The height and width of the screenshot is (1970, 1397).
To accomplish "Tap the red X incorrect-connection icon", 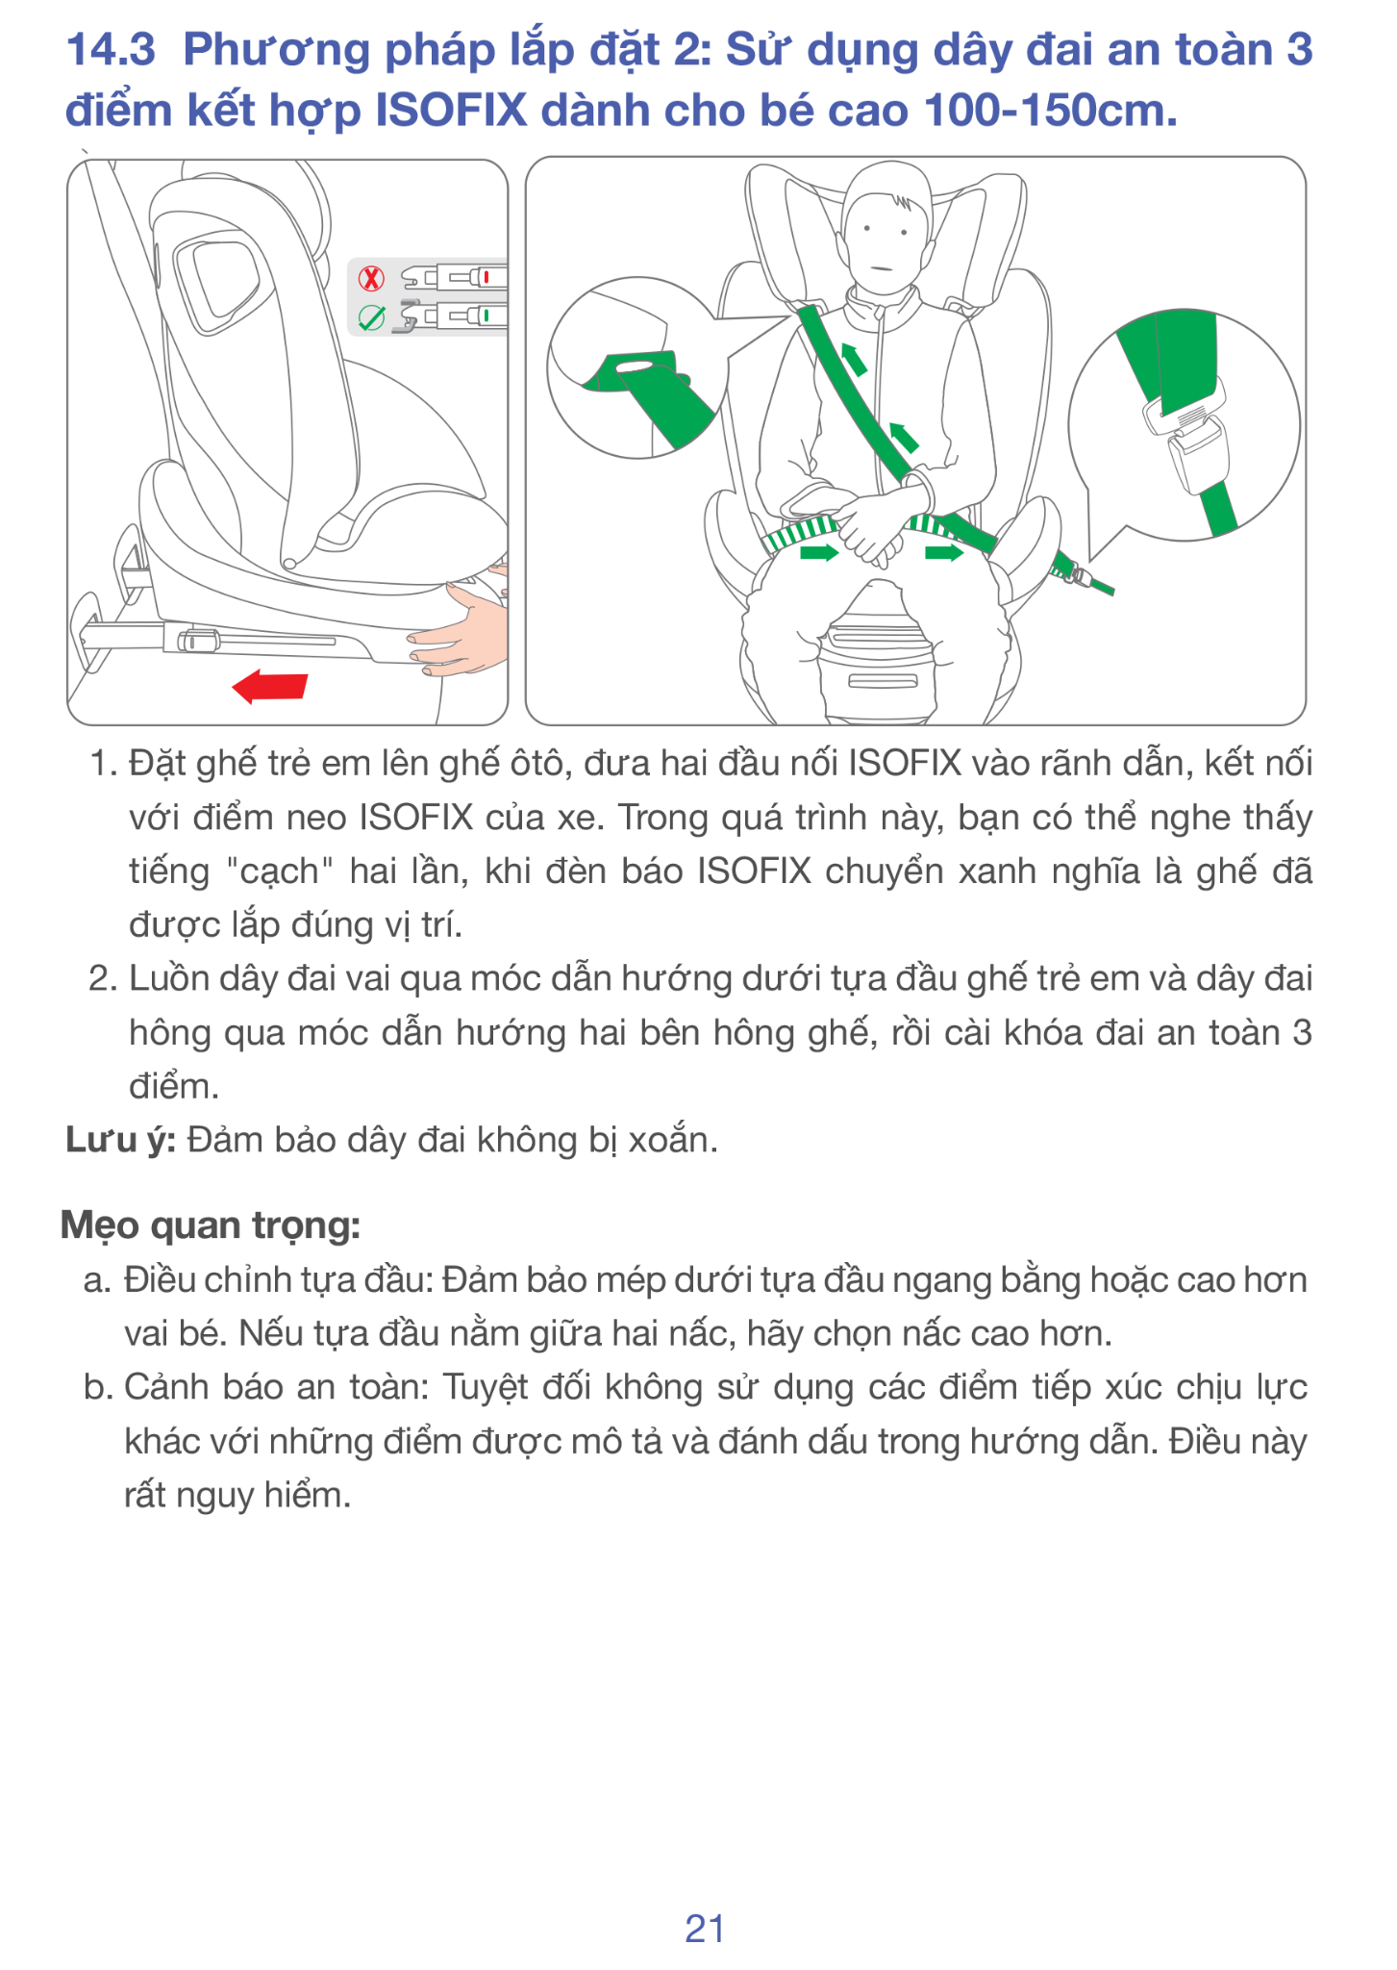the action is coord(371,279).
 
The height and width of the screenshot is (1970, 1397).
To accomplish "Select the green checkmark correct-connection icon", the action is coord(371,316).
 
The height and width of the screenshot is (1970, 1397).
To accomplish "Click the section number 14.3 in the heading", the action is coord(111,50).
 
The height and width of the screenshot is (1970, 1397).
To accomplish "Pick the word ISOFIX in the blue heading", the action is coord(451,111).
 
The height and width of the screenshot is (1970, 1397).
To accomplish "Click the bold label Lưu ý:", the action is coord(120,1141).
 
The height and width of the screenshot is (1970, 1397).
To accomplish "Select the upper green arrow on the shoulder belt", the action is coord(853,358).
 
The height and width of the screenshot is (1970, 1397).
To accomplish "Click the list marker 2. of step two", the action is coord(103,979).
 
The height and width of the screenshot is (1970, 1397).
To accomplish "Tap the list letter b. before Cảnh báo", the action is coord(99,1388).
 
